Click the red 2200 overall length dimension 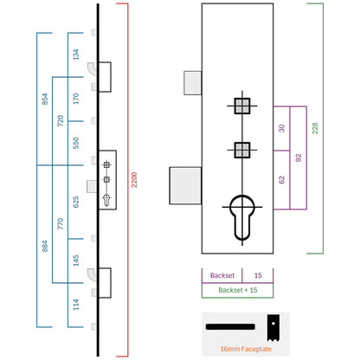[134, 180]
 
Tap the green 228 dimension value [315, 128]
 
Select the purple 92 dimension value [299, 157]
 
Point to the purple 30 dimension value [282, 128]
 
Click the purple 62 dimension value [282, 180]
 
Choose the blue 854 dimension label [45, 99]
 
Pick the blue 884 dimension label [45, 246]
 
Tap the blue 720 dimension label [61, 121]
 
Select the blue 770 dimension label [61, 224]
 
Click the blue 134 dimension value [76, 55]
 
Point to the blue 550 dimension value [76, 143]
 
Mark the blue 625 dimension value [76, 202]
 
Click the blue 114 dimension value [76, 305]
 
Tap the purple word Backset [222, 275]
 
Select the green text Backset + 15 [238, 290]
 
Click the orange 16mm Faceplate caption [246, 349]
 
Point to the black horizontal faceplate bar [230, 327]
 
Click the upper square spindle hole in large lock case [242, 106]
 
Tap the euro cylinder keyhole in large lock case [242, 218]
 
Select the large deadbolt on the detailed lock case [185, 185]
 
